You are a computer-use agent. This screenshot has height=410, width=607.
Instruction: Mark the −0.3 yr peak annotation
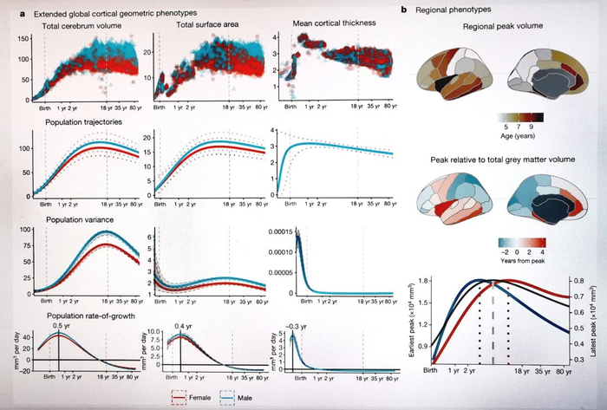(x=297, y=327)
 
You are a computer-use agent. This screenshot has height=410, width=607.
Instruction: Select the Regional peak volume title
(x=486, y=28)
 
